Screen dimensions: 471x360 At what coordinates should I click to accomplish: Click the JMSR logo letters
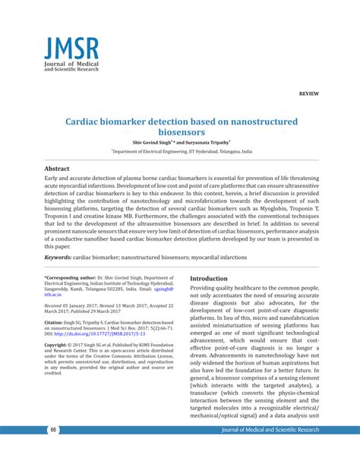[x=71, y=50]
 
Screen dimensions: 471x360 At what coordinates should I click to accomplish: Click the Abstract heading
[x=57, y=168]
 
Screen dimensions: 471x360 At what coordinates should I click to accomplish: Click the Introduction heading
[x=209, y=279]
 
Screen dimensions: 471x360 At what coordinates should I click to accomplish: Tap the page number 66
[x=54, y=430]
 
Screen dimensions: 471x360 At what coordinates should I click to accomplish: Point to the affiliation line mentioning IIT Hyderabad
[x=182, y=151]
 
